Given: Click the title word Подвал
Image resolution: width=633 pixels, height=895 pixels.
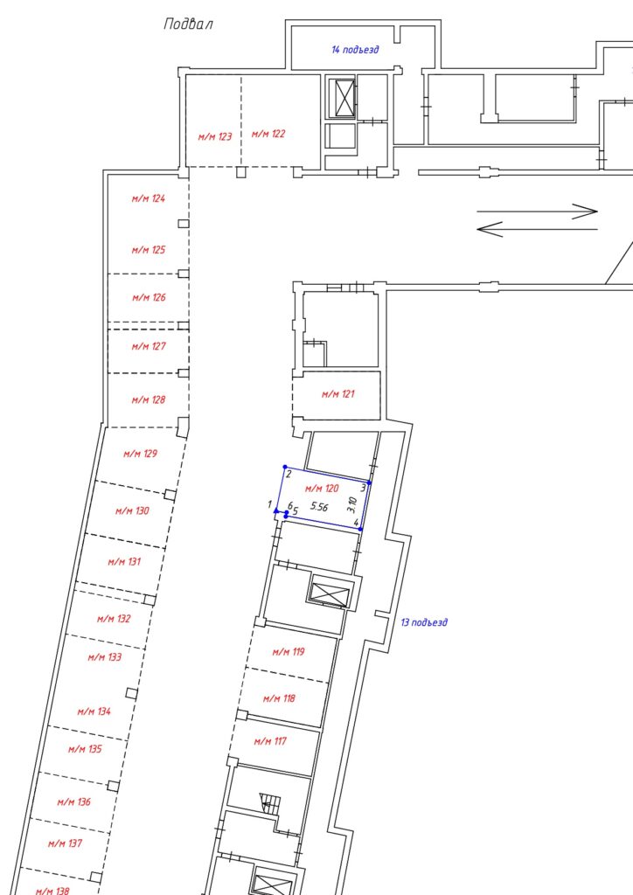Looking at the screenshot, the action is click(x=188, y=24).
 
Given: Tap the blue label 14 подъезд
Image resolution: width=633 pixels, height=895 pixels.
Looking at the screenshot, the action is click(x=355, y=50).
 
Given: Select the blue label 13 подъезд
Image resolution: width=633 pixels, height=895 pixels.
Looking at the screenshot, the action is click(x=423, y=622).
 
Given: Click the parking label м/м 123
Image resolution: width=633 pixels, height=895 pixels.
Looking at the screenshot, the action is click(x=215, y=136).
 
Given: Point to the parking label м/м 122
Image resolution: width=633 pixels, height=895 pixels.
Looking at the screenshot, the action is click(x=268, y=134).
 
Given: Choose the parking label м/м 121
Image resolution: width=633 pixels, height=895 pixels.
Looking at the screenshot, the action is click(x=337, y=394).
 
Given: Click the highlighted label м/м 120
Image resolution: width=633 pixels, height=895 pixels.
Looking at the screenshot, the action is click(x=322, y=488).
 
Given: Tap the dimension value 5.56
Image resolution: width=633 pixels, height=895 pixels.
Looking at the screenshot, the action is click(x=319, y=506).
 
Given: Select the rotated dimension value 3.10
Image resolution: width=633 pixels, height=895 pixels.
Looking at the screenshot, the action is click(x=352, y=504).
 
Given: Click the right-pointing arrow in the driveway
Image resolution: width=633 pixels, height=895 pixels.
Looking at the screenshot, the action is click(x=537, y=212).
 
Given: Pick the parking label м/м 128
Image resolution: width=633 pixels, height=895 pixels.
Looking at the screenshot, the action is click(x=149, y=399).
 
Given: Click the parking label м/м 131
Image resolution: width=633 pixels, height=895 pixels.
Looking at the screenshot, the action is click(x=124, y=562).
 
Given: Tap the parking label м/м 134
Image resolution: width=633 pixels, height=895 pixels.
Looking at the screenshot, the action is click(x=94, y=711).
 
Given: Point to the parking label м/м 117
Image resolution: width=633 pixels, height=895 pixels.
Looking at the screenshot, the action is click(x=270, y=741).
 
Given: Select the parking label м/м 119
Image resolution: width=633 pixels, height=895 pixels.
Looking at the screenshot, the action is click(x=289, y=651).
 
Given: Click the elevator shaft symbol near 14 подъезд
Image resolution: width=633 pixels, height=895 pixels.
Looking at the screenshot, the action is click(x=344, y=98).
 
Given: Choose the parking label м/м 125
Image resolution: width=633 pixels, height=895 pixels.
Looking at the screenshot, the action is click(x=149, y=249).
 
